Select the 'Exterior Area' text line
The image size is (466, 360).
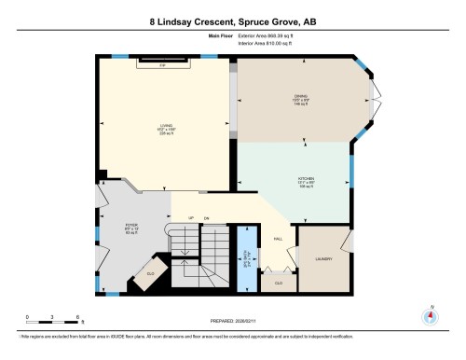pos(271,37)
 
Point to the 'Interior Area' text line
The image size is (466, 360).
pos(270,44)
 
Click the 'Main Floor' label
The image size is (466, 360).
pos(219,37)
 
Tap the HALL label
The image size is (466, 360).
pos(278,239)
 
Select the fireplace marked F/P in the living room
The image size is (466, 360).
pos(162,65)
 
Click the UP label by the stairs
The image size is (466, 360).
pos(191,217)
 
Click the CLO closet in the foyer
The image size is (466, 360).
pos(150,273)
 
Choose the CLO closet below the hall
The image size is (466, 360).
pos(279,280)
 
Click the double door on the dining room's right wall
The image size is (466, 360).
pos(376,102)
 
